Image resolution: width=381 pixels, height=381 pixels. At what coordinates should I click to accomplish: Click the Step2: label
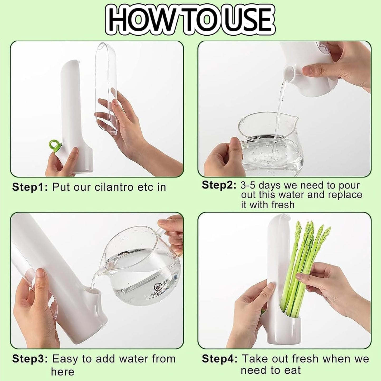coord(219,185)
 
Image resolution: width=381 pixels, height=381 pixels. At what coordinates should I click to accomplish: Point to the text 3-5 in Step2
coord(248,185)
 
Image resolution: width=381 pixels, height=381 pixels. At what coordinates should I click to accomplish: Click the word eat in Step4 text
coord(292,370)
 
